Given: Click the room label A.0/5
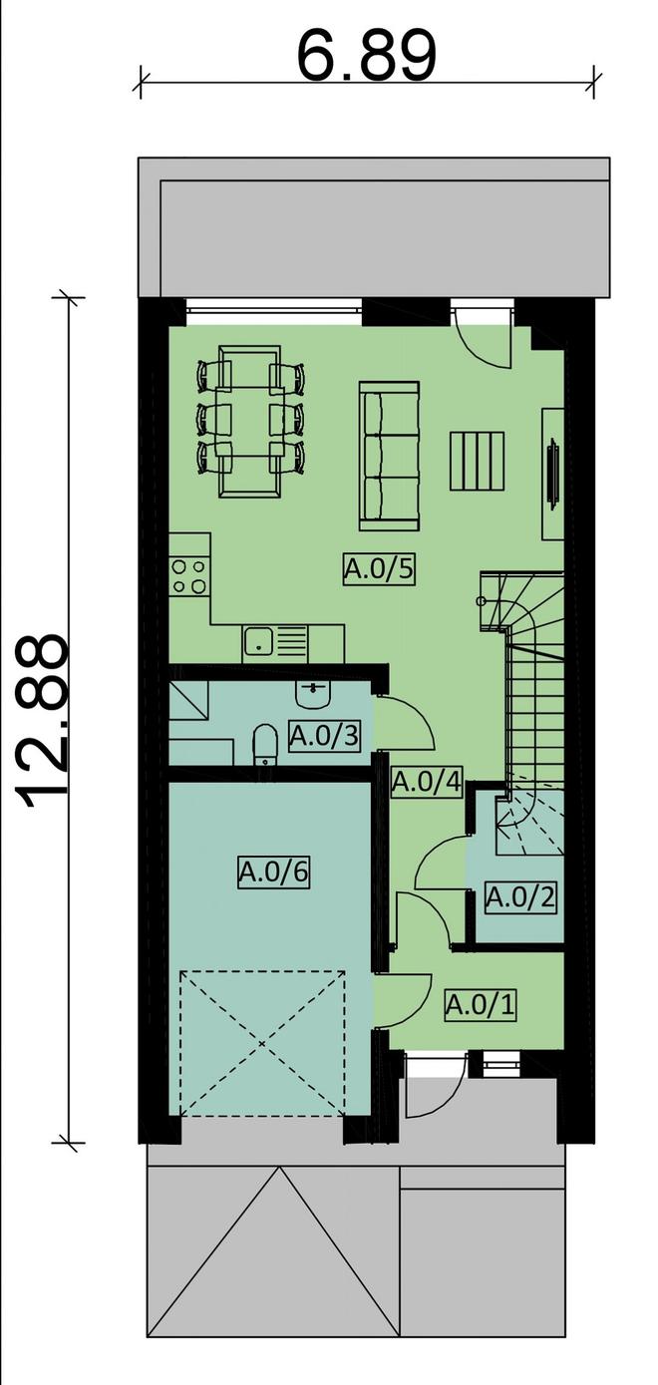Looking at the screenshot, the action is (379, 568).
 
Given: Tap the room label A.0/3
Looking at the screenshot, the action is (325, 736).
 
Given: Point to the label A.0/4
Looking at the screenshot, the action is (427, 782).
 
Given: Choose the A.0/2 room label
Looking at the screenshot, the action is (520, 896).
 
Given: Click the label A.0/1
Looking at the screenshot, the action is (480, 1005).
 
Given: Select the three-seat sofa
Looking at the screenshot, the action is (390, 456).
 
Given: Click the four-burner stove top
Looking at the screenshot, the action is (189, 575).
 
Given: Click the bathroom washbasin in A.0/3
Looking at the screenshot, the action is (315, 694).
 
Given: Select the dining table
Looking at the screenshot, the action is (249, 421).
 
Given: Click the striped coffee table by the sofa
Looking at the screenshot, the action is (477, 461).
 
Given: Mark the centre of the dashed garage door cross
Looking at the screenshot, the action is (262, 1043).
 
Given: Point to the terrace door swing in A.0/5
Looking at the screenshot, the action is (483, 346).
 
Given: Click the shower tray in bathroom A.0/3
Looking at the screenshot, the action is (188, 701).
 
